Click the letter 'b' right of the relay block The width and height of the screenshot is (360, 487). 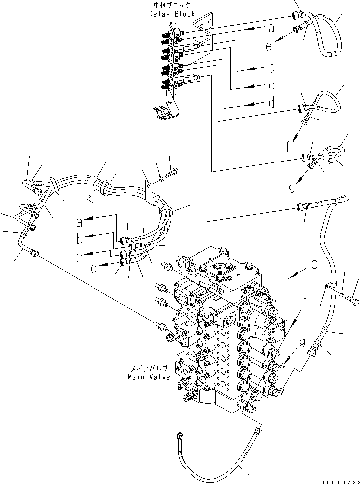coord(271,66)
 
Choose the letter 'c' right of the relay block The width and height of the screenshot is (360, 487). coord(271,85)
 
